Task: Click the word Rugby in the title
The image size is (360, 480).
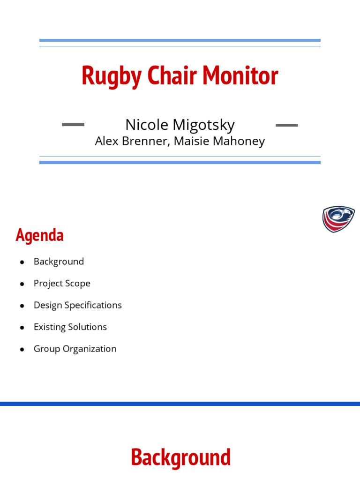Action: pos(112,76)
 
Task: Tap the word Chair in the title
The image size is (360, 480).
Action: pos(172,75)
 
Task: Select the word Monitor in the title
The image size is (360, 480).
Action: pos(240,75)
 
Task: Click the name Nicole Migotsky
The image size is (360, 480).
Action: pos(180,125)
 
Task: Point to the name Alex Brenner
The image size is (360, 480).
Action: pos(132,141)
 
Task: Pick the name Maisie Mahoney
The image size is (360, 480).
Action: pos(219,142)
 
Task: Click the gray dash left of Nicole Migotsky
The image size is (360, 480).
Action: pos(73,124)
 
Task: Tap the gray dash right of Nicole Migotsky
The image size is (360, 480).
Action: pos(287,125)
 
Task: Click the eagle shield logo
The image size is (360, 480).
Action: pos(338,219)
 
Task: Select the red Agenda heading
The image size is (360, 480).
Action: pos(39,235)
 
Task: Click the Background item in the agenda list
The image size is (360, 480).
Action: pos(59,262)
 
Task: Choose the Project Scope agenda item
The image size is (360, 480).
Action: pos(62,284)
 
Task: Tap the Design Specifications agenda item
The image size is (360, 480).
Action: pos(78,305)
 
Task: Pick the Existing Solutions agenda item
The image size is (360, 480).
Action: pos(70,327)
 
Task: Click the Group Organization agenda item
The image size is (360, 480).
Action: pos(75,349)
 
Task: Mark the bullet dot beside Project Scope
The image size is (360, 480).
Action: pos(22,284)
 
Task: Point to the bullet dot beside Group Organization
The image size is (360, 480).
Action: pos(22,349)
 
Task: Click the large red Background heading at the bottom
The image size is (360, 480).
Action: pos(180,457)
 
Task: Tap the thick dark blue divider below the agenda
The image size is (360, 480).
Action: pos(180,404)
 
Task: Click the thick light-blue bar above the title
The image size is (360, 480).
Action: pos(180,40)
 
